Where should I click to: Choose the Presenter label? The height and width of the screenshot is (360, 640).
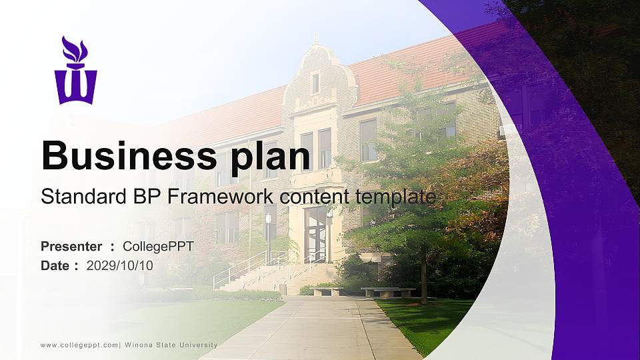[x=71, y=247]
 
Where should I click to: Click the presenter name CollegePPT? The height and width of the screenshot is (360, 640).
[x=158, y=247]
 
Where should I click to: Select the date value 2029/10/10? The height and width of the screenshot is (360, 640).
[x=120, y=265]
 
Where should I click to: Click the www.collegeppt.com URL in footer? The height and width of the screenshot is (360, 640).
[x=79, y=345]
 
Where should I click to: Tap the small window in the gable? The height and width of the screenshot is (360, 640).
[x=315, y=83]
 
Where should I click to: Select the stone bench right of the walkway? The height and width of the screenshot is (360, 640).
[x=388, y=291]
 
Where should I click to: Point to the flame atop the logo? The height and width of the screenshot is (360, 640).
[x=74, y=49]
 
